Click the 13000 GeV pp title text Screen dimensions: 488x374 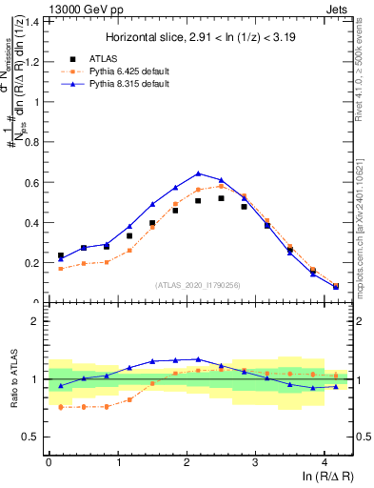pos(86,9)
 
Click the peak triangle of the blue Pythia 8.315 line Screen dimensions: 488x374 pos(198,173)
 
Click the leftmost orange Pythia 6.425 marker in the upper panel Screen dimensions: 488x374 pos(61,269)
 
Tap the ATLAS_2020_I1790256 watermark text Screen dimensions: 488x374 pos(198,284)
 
